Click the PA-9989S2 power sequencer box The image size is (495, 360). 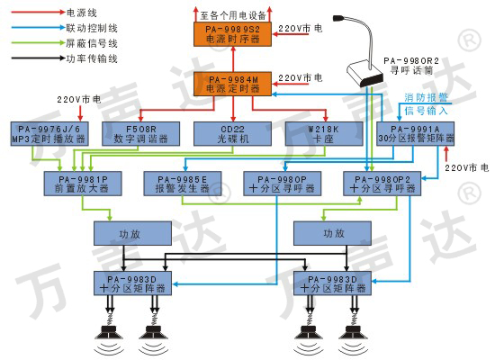point(233,34)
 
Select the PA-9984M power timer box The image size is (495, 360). point(233,84)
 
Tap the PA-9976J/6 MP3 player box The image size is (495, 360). point(49,134)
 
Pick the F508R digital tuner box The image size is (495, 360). point(140,134)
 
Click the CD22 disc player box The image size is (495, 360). point(232,134)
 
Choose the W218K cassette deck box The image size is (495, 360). point(324,134)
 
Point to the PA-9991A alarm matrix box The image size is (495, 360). point(416,134)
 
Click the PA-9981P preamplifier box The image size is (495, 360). point(83,184)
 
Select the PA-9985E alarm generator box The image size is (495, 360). point(183,184)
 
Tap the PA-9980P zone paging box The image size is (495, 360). point(283,184)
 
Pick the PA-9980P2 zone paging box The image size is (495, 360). point(382,184)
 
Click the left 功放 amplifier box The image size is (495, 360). point(132,233)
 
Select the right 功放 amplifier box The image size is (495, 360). point(332,233)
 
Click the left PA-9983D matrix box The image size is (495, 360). point(132,283)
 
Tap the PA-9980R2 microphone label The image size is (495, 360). point(411,66)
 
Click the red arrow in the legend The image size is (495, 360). point(38,12)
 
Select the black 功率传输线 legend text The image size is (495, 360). point(92,58)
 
